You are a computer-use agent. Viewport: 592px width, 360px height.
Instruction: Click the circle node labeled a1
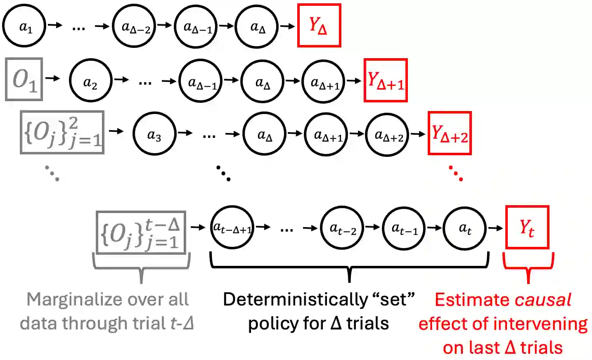point(24,26)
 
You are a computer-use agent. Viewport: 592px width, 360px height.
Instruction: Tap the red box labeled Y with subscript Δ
point(319,26)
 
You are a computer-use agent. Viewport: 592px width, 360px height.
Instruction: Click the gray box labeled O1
point(24,79)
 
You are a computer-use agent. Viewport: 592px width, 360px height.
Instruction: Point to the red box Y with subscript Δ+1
point(386,81)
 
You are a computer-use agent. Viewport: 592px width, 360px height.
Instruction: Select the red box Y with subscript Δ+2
point(450,133)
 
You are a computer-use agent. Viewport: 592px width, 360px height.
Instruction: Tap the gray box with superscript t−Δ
point(141,232)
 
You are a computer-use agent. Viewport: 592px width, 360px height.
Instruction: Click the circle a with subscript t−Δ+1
point(232,227)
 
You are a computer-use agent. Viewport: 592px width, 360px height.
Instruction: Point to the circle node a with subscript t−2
point(342,227)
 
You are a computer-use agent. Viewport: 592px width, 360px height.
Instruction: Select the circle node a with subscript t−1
point(404,227)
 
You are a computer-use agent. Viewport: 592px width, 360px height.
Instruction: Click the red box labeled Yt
point(527,227)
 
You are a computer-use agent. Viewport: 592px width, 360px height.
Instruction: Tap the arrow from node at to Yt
point(495,228)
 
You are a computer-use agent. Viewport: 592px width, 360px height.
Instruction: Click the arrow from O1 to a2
point(52,78)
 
